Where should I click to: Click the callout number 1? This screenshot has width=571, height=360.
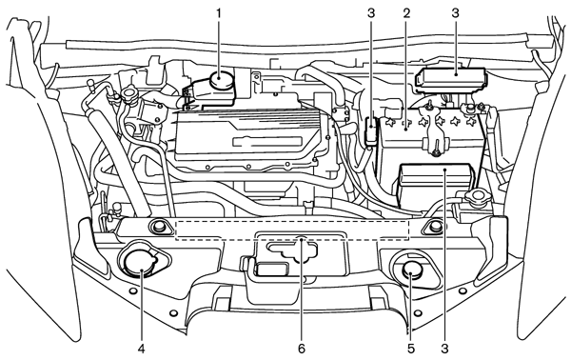219,13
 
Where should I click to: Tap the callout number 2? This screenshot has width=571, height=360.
406,13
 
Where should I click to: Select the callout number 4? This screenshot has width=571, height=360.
141,349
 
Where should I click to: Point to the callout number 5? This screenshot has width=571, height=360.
411,349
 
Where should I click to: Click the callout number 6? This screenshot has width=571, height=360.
302,349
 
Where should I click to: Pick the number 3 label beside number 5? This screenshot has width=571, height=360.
444,349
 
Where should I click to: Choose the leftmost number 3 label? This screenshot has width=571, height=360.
371,13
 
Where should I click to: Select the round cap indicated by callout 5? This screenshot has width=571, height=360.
411,271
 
